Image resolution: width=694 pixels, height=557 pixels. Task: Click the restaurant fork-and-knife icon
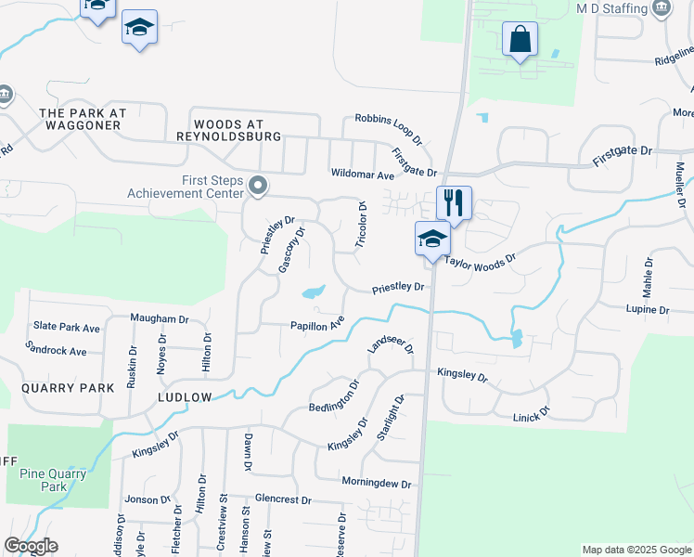[454, 201]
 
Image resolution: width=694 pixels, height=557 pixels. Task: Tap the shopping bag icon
[520, 40]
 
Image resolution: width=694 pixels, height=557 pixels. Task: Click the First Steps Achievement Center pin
[259, 188]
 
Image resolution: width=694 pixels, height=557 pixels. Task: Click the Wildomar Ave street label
[362, 174]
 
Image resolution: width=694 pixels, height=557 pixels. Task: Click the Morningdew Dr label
[376, 484]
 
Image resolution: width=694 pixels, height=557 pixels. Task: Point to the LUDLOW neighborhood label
[184, 397]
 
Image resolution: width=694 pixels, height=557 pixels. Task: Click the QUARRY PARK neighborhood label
[60, 388]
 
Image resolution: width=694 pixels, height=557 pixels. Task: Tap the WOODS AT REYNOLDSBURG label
[228, 130]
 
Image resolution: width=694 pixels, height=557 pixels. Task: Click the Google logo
[32, 546]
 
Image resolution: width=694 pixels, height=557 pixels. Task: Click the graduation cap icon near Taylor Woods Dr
[432, 238]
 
